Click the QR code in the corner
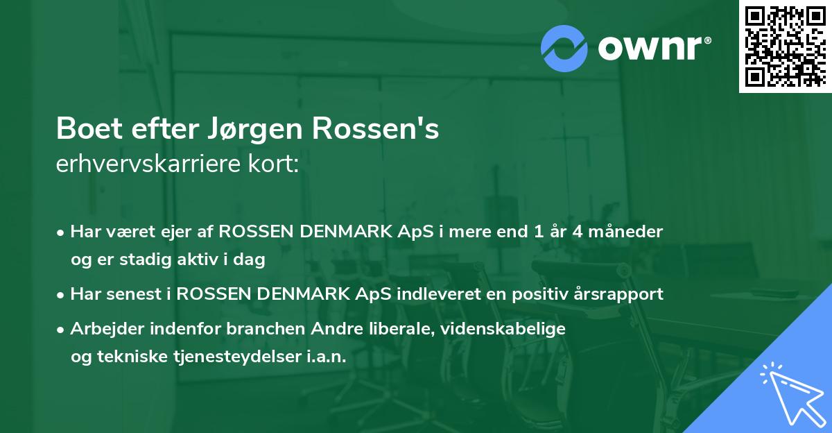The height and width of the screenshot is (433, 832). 785,46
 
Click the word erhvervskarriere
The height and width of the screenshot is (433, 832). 147,164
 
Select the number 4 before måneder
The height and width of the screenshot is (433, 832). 577,232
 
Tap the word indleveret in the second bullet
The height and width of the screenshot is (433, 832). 431,294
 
